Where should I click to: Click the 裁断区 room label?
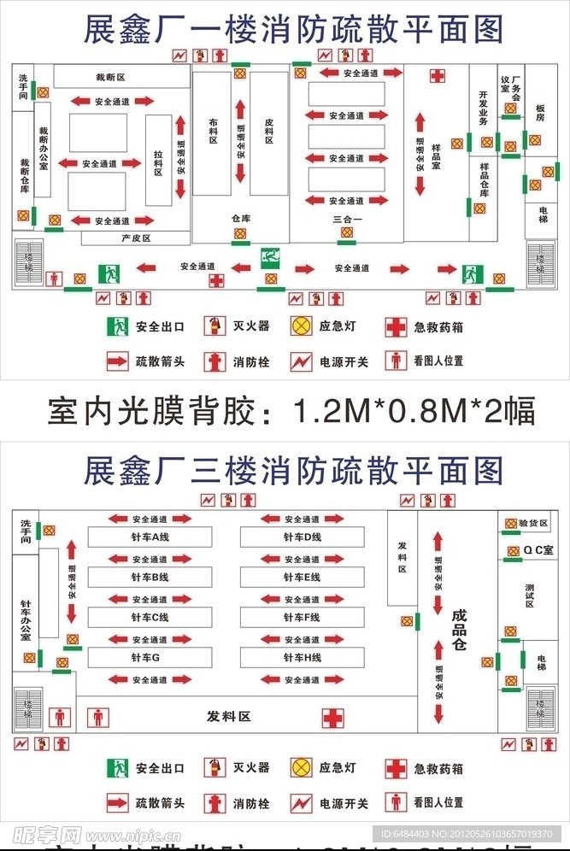110,77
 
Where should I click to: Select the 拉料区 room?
158,159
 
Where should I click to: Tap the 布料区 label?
214,131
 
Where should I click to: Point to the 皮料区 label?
268,131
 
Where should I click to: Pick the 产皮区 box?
136,238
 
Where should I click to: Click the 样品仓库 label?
485,179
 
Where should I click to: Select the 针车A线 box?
150,537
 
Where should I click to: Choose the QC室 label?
538,550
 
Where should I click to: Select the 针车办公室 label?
26,619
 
